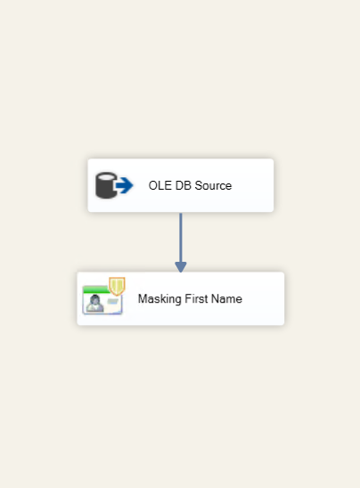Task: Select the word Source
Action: pos(213,185)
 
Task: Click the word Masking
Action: pos(160,299)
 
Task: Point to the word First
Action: pos(197,299)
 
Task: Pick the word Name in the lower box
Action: pos(226,299)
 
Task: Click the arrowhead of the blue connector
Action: pos(181,267)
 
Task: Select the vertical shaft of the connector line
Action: pos(181,238)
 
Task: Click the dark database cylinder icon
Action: pos(106,185)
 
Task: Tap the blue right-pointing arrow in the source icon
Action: pos(125,185)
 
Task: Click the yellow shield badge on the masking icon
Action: pos(117,286)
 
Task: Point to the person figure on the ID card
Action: pos(95,303)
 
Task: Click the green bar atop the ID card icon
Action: pos(96,289)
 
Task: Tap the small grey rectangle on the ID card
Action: pos(113,301)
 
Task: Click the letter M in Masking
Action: pos(142,299)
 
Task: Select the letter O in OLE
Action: pos(152,185)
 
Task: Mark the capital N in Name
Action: pos(215,299)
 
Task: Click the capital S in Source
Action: pos(199,185)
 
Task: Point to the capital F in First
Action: pos(188,299)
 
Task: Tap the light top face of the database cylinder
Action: pos(106,176)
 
